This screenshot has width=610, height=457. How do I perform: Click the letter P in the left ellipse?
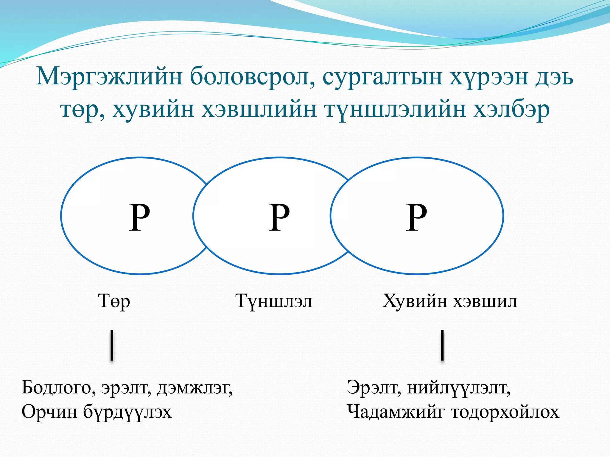(x=139, y=217)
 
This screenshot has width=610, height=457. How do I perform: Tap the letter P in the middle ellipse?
(x=279, y=217)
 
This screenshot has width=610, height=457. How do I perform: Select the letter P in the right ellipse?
(x=416, y=217)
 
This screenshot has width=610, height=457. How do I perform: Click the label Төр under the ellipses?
(x=114, y=301)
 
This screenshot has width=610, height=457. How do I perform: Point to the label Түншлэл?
(x=274, y=301)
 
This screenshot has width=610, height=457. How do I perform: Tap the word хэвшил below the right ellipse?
(x=485, y=301)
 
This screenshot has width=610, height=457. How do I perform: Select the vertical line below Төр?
(x=112, y=345)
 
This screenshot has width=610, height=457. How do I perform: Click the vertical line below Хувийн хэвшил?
(x=442, y=345)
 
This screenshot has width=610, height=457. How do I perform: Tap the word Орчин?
(x=49, y=412)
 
